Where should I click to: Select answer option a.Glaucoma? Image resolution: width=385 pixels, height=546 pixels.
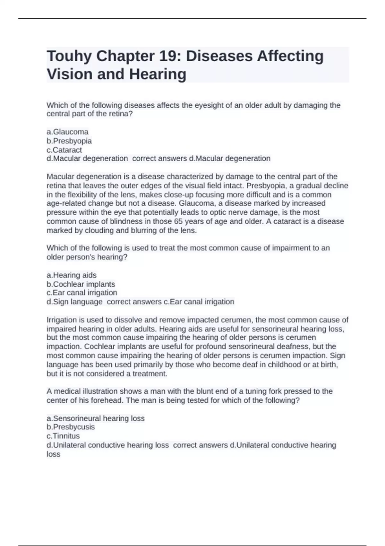click(x=67, y=132)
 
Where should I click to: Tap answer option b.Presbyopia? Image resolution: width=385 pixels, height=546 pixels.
click(x=69, y=141)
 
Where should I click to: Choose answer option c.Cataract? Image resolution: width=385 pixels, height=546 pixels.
click(x=64, y=150)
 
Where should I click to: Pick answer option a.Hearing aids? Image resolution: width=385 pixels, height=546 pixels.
click(x=72, y=275)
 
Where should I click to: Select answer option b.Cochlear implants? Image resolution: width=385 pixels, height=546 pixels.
click(x=81, y=284)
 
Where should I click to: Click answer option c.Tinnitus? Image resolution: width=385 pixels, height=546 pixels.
click(x=63, y=436)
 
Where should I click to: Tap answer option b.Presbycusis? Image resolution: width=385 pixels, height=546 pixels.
click(x=71, y=427)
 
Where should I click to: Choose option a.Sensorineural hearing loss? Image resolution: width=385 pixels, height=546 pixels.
click(x=96, y=418)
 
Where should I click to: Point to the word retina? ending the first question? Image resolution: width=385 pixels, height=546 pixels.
click(x=121, y=114)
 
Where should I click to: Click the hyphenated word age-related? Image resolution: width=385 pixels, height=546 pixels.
click(x=66, y=203)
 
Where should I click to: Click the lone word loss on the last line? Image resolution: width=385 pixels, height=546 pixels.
click(x=54, y=454)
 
